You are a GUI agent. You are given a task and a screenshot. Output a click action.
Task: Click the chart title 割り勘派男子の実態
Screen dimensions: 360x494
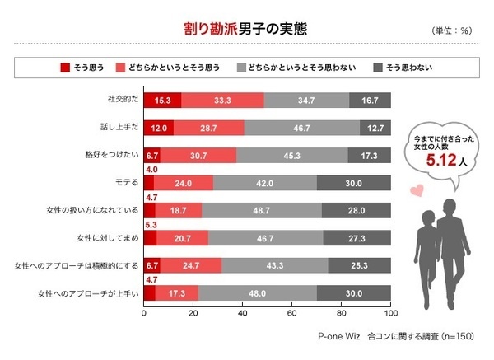coord(245,28)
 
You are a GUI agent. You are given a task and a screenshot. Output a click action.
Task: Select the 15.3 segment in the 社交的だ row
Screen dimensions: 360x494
coord(162,100)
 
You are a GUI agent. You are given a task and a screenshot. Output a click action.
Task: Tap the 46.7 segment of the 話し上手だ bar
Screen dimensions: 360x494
coord(313,128)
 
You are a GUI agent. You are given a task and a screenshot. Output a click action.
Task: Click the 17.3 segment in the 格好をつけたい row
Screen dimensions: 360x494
coord(370,155)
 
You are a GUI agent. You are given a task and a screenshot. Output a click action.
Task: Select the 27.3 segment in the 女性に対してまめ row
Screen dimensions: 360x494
coord(357,239)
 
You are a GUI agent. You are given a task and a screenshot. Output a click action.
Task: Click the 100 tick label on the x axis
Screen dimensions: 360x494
coord(391,314)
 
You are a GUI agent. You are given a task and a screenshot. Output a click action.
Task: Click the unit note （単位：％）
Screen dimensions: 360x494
coord(451,30)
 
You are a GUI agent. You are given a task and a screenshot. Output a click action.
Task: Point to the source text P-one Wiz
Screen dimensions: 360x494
coord(340,337)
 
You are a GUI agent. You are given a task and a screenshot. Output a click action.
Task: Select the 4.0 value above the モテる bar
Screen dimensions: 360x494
coord(151,169)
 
